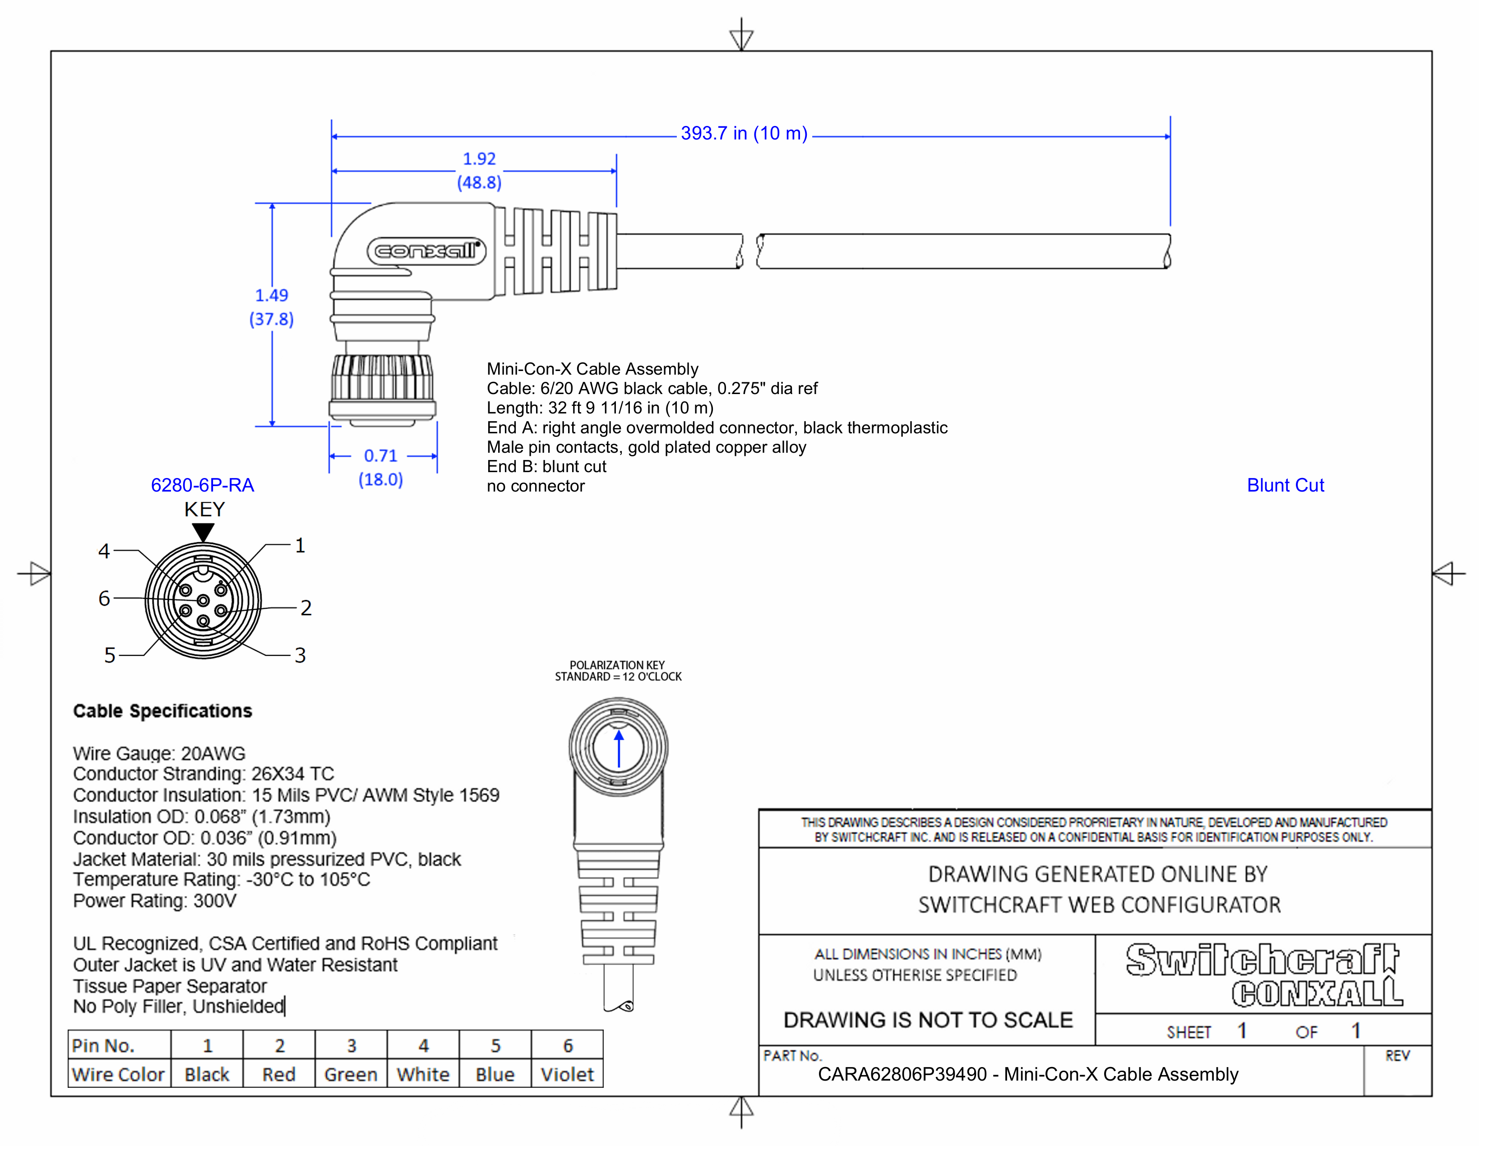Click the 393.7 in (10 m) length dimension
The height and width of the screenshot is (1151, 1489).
pyautogui.click(x=743, y=134)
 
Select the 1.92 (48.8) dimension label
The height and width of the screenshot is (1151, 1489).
pyautogui.click(x=479, y=171)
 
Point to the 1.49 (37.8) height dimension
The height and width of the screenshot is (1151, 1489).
pyautogui.click(x=271, y=307)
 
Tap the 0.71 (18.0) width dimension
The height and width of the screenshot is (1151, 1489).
pyautogui.click(x=380, y=467)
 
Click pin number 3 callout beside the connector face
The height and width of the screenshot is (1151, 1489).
pyautogui.click(x=300, y=655)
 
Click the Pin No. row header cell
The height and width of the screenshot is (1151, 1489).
pyautogui.click(x=119, y=1045)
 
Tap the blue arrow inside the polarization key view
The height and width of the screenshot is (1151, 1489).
pyautogui.click(x=618, y=749)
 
